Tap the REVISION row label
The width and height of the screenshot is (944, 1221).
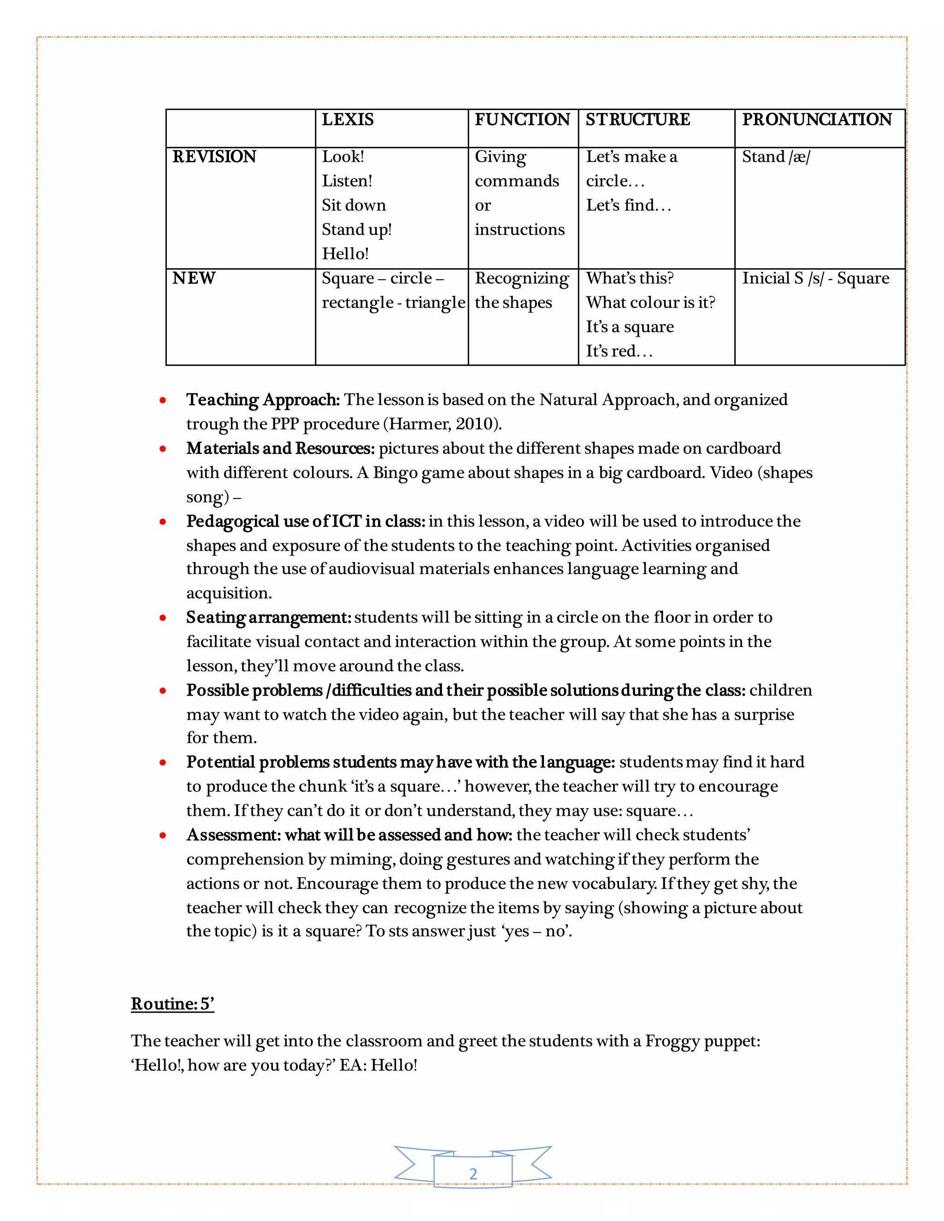pyautogui.click(x=214, y=157)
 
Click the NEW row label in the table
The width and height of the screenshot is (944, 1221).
pyautogui.click(x=194, y=278)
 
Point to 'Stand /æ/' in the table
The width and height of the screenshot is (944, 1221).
pyautogui.click(x=776, y=157)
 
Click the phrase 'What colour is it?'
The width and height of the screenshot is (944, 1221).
pyautogui.click(x=650, y=302)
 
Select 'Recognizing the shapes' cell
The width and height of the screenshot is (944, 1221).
pyautogui.click(x=521, y=290)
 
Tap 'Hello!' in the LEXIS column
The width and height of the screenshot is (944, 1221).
pyautogui.click(x=345, y=254)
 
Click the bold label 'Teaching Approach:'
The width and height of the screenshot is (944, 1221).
pyautogui.click(x=263, y=400)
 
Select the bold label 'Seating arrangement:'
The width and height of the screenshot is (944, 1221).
pyautogui.click(x=268, y=617)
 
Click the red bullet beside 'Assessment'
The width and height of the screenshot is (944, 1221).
pyautogui.click(x=163, y=835)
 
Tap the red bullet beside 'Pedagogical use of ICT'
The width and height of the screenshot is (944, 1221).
pyautogui.click(x=163, y=522)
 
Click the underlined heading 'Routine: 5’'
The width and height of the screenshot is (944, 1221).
pyautogui.click(x=172, y=1004)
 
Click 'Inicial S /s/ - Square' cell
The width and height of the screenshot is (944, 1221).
pyautogui.click(x=815, y=278)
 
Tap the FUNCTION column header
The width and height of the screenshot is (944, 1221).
pyautogui.click(x=522, y=120)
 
